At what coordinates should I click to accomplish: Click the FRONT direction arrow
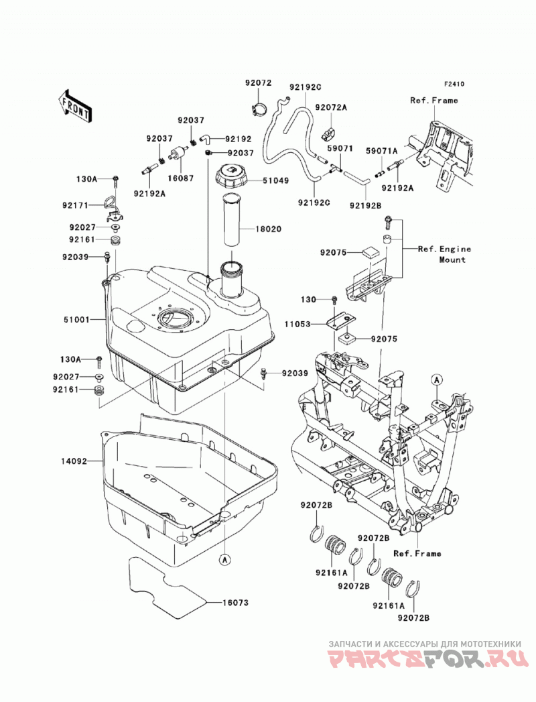pos(75,107)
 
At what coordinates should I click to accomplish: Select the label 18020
pos(269,229)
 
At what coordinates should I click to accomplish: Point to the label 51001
pos(76,320)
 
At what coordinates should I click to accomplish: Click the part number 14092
pos(74,460)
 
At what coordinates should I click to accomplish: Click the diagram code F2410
pos(454,84)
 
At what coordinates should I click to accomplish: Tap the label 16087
pos(181,178)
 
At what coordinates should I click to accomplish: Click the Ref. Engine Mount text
pos(444,254)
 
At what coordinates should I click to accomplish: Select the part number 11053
pos(297,324)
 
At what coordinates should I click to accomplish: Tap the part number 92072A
pos(344,107)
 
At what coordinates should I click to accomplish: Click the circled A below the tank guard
pos(225,559)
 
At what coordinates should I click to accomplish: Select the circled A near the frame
pos(436,379)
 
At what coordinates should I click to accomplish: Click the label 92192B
pos(365,205)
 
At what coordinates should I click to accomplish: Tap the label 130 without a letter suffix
pos(308,299)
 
